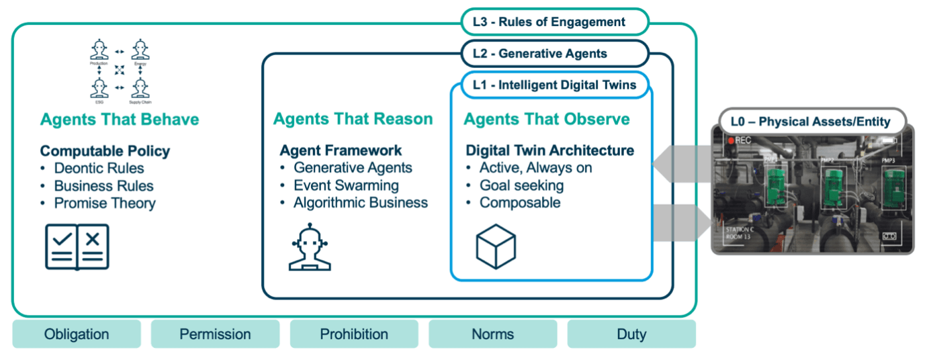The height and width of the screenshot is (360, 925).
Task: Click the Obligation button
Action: coord(76,334)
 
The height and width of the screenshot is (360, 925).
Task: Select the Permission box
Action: coord(215,334)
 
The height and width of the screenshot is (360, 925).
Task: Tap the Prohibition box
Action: coord(354,334)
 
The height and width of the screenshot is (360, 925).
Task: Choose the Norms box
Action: coord(492,334)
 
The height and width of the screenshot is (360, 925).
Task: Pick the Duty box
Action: coord(631,334)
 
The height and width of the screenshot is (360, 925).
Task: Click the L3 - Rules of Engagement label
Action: coord(554,21)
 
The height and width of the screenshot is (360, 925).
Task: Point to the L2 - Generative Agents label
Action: coord(554,54)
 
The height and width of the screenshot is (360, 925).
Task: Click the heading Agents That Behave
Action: coord(120,120)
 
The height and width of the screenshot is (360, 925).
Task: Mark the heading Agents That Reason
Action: coord(353,120)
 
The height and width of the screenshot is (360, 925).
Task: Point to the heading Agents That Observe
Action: coord(547,120)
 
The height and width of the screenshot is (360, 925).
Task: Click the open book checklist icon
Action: coord(77,246)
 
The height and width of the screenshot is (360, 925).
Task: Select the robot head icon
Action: coord(310,247)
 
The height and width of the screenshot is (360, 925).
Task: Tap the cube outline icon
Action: coord(495,246)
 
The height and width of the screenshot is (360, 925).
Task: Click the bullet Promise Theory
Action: coord(104,203)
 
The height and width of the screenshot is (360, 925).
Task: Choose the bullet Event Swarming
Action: coord(346,185)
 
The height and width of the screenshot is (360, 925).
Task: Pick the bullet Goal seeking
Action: coord(521,185)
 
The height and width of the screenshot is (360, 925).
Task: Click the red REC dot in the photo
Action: coord(730,141)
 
